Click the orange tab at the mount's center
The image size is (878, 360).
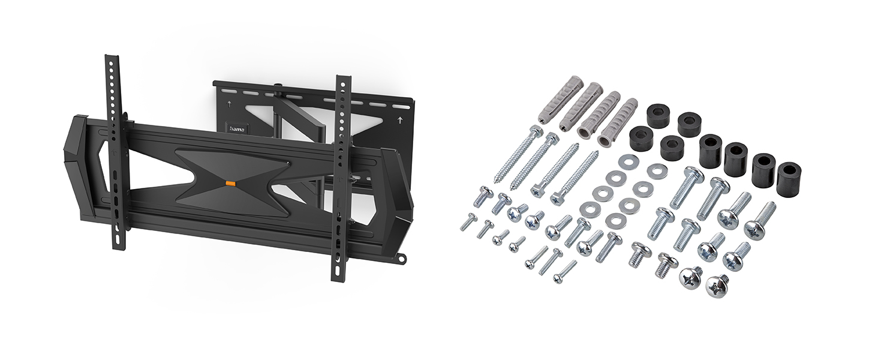click(230, 183)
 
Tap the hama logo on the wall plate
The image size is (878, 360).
click(236, 128)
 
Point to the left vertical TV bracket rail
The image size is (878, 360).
click(115, 152)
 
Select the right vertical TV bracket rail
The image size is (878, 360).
click(341, 177)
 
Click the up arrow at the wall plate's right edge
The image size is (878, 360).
click(399, 120)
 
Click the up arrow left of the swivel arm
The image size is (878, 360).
click(229, 104)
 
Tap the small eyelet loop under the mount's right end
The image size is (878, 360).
click(401, 259)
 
